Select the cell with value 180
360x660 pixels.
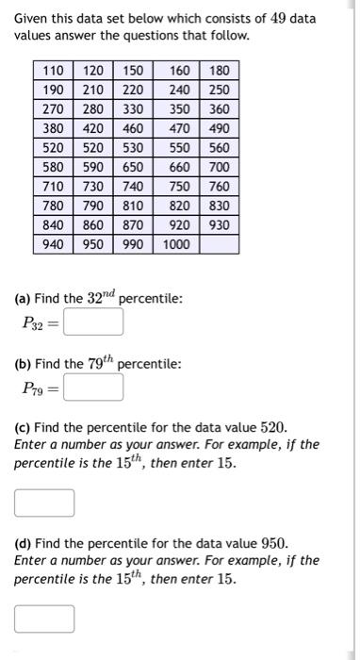click(x=219, y=71)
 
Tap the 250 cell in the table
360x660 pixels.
click(x=219, y=90)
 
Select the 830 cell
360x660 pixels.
click(x=219, y=206)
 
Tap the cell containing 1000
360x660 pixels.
click(x=175, y=244)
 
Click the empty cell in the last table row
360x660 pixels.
click(x=219, y=244)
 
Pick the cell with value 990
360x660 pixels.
click(x=132, y=244)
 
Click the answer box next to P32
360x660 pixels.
click(x=93, y=322)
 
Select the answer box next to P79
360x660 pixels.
click(x=93, y=388)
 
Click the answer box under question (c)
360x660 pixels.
click(x=44, y=503)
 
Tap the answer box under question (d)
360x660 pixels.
click(x=44, y=618)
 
